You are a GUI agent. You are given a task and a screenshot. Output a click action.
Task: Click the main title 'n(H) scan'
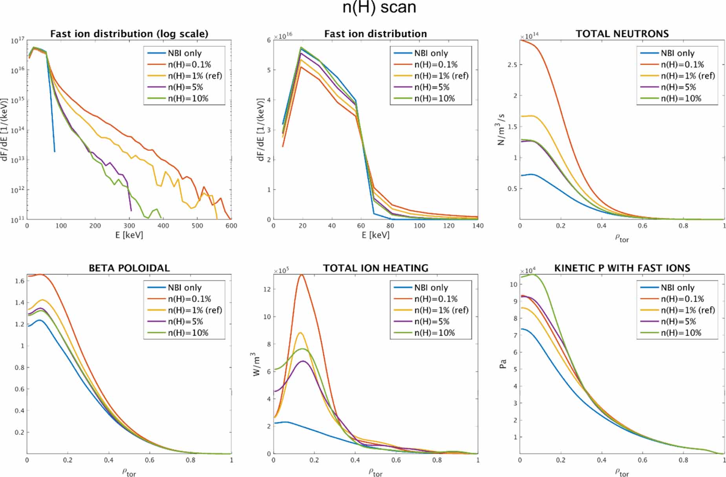pos(379,8)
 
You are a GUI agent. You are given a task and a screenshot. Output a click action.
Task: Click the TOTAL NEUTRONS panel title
pos(622,34)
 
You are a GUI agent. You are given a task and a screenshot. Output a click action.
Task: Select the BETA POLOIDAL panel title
pos(129,268)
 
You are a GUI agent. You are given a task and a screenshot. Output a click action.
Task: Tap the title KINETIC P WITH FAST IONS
pos(622,268)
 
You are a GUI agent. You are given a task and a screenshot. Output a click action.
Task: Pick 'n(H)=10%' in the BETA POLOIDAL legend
pos(188,333)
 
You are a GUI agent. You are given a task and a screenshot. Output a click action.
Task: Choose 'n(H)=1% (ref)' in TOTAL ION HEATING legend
pos(441,310)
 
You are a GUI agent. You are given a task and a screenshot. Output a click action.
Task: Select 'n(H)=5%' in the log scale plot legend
pos(185,87)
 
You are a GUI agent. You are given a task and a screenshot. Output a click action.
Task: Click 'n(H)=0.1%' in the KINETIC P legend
pos(682,299)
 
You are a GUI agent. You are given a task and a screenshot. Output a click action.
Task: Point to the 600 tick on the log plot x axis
pos(231,226)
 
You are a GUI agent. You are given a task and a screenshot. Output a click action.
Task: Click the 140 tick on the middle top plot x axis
pos(477,226)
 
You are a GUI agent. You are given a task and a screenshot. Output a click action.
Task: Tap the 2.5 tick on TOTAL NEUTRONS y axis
pos(512,64)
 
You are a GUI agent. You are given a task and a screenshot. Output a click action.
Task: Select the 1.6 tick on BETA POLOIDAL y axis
pos(20,281)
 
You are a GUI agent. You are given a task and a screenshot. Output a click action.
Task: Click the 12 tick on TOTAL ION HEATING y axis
pos(267,289)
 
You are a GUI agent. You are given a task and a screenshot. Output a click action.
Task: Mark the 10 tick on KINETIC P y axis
pos(513,285)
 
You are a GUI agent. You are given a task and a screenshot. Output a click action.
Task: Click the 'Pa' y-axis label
pos(503,364)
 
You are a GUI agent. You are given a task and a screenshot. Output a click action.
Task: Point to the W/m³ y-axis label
pos(256,364)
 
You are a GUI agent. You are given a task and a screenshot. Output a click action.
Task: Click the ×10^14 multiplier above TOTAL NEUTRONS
pos(529,36)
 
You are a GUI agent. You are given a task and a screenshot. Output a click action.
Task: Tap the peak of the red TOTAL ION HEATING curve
pos(301,274)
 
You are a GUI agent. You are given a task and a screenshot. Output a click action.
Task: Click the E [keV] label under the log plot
pos(129,235)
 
